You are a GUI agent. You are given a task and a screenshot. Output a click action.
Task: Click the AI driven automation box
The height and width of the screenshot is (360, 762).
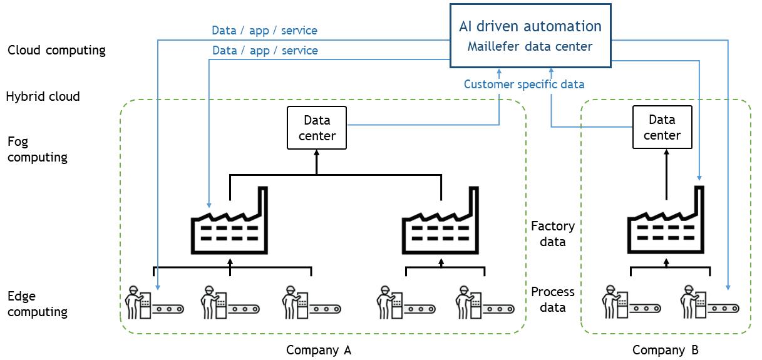530,36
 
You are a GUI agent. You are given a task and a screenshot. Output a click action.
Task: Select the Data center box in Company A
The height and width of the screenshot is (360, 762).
317,128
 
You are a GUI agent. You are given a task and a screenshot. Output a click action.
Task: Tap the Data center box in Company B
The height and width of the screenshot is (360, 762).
662,127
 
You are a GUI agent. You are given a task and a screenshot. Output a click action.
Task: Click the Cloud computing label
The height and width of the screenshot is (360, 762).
56,51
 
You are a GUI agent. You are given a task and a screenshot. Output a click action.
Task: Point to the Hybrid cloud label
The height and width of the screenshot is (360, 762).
43,96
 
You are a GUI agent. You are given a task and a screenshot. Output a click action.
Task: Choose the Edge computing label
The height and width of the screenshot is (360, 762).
38,304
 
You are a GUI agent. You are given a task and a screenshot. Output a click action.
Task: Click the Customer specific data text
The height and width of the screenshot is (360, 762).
524,84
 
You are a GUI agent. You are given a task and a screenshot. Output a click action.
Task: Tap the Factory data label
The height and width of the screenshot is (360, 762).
552,234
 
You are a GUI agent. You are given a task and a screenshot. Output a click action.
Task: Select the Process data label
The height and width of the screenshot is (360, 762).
552,299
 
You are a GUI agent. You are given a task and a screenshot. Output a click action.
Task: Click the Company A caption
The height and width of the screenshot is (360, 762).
319,350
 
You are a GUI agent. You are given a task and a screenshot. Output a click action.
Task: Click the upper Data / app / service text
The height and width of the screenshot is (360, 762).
264,30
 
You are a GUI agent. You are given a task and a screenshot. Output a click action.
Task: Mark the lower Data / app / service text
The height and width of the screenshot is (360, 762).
265,50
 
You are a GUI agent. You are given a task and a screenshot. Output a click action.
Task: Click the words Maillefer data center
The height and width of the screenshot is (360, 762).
530,46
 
